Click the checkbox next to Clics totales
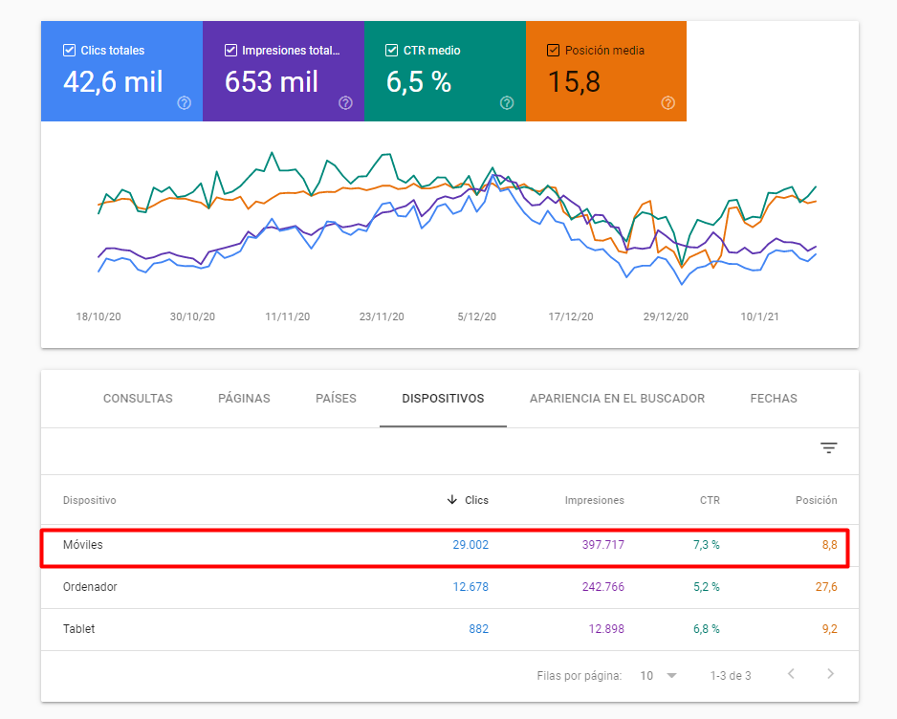tap(69, 50)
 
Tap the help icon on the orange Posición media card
tap(668, 103)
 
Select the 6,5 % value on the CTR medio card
tap(418, 82)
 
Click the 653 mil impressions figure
tap(272, 82)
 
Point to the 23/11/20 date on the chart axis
tap(382, 316)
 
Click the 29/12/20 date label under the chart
tap(666, 316)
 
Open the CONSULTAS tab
tap(138, 399)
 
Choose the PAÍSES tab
tap(336, 399)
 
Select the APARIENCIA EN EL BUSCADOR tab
tap(617, 399)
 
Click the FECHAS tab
tap(774, 399)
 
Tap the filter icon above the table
tap(829, 448)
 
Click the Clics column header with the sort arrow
tap(468, 500)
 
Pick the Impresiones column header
tap(594, 500)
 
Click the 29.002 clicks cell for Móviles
tap(470, 545)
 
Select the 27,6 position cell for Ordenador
tap(826, 587)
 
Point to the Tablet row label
tap(79, 629)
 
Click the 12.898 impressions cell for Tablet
tap(603, 629)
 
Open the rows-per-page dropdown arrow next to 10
tap(671, 676)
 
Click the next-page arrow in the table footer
tap(830, 675)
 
